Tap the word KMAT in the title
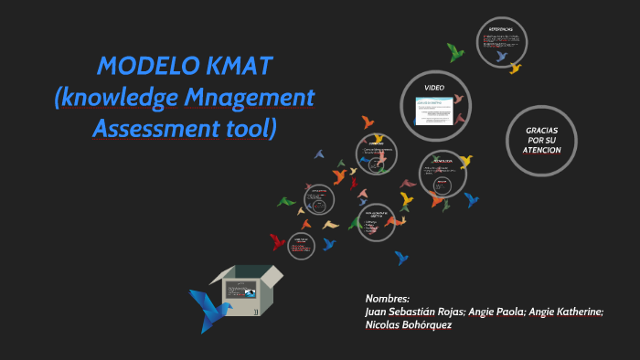(x=240, y=67)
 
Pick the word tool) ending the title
(x=248, y=128)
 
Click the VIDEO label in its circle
(x=434, y=87)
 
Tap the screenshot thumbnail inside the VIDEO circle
(x=436, y=111)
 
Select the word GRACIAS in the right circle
(x=542, y=130)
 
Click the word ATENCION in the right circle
(x=542, y=150)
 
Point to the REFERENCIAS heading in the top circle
(x=502, y=30)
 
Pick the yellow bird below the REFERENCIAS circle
(x=515, y=68)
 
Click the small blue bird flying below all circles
(x=401, y=258)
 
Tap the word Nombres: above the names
(x=388, y=299)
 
